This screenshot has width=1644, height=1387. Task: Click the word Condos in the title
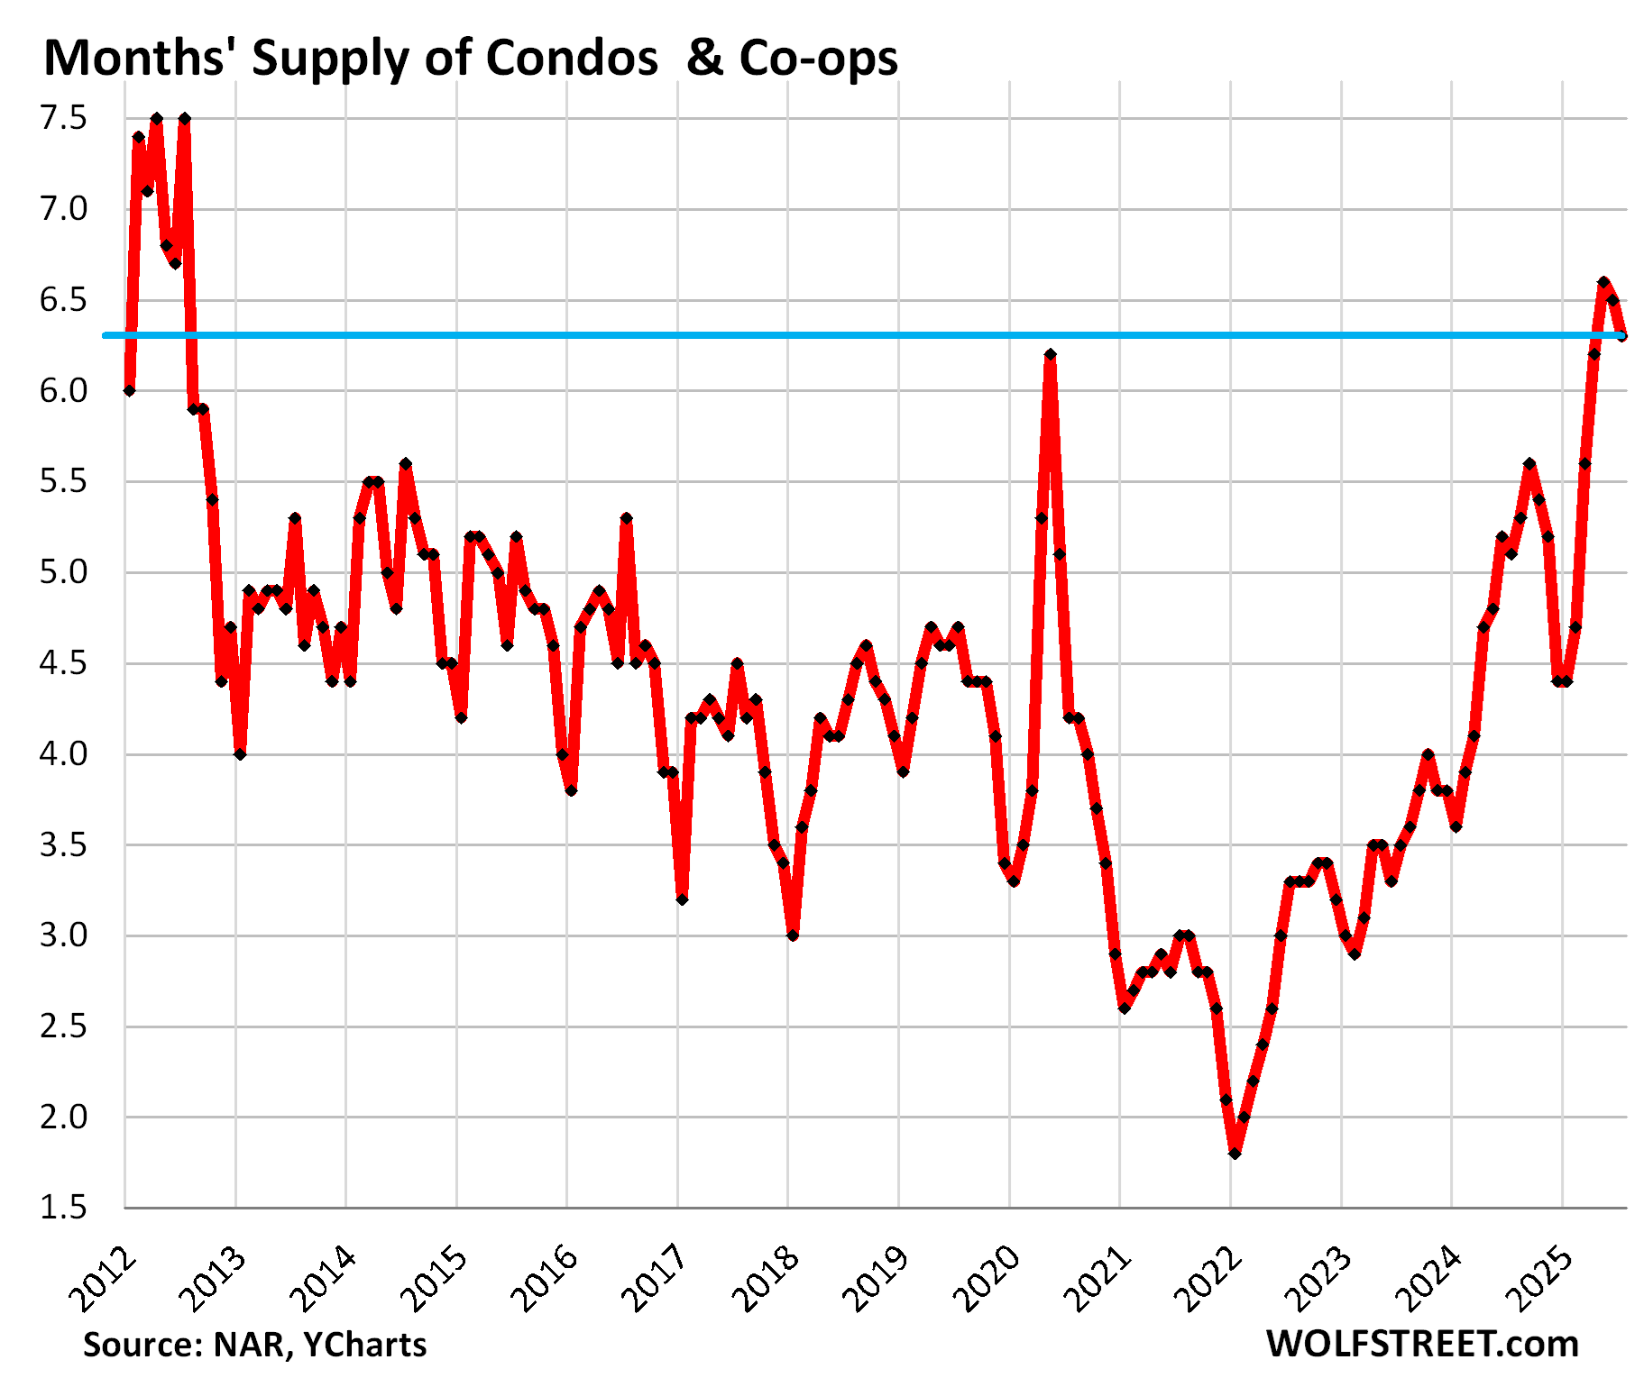pyautogui.click(x=572, y=59)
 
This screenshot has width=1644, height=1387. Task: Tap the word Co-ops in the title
pyautogui.click(x=819, y=59)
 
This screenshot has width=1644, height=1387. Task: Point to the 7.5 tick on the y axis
pyautogui.click(x=63, y=118)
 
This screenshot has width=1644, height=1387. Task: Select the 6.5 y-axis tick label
pyautogui.click(x=63, y=300)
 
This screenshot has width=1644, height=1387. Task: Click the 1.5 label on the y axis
pyautogui.click(x=63, y=1208)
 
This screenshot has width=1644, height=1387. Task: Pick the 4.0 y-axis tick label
pyautogui.click(x=63, y=754)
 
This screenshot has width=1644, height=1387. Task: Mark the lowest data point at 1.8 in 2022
pyautogui.click(x=1235, y=1154)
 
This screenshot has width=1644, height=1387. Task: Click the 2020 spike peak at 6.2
pyautogui.click(x=1050, y=354)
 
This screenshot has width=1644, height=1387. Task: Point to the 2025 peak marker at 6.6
pyautogui.click(x=1603, y=282)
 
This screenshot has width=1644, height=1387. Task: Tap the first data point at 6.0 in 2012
pyautogui.click(x=129, y=390)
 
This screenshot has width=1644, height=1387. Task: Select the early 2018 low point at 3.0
pyautogui.click(x=793, y=935)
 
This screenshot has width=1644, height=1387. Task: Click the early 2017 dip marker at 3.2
pyautogui.click(x=682, y=899)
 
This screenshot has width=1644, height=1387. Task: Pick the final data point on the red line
pyautogui.click(x=1622, y=336)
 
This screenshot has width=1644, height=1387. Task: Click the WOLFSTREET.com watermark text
pyautogui.click(x=1422, y=1344)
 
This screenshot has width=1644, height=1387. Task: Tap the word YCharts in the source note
pyautogui.click(x=364, y=1345)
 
